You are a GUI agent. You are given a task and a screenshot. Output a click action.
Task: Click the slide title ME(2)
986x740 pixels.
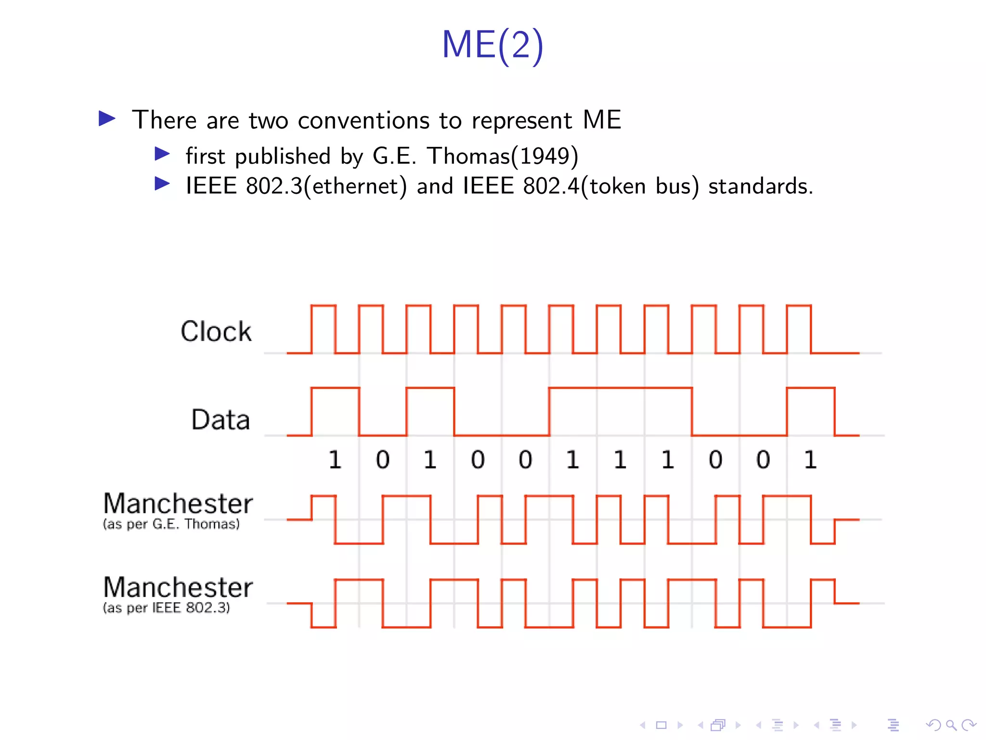pos(493,45)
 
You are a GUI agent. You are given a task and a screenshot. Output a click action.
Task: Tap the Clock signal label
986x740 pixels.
pos(216,331)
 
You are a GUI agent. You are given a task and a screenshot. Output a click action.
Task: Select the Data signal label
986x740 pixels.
pos(221,420)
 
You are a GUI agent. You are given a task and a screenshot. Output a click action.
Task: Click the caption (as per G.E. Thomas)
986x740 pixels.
pos(171,524)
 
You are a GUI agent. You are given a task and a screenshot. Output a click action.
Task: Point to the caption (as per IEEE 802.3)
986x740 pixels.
pos(166,608)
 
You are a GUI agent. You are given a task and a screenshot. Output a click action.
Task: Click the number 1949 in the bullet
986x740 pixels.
pos(544,156)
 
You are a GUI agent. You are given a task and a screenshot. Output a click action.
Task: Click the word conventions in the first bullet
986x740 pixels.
pos(363,120)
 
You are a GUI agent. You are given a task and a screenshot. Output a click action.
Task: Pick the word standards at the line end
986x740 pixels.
pos(760,186)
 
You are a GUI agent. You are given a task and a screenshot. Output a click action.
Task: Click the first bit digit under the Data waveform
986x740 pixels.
pos(335,460)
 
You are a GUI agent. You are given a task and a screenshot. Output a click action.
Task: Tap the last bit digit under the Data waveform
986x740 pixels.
pos(811,460)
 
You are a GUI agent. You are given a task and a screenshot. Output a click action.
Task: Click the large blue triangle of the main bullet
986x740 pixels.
pos(107,119)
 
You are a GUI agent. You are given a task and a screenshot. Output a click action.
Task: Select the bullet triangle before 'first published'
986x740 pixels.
pos(162,154)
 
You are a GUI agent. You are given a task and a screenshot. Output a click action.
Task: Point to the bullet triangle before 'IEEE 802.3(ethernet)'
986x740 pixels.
pos(162,184)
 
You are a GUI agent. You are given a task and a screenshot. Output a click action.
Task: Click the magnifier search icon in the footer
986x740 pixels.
pos(951,725)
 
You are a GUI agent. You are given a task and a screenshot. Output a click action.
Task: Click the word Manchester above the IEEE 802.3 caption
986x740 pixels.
pos(178,588)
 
